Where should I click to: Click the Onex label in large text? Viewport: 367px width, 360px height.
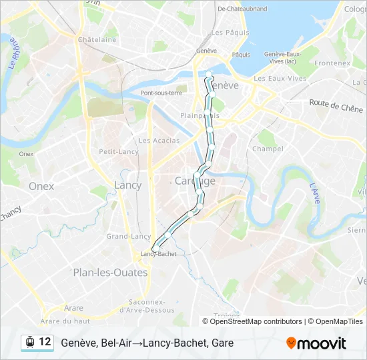pos(41,187)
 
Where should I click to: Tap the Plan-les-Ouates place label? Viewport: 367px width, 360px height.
pos(100,272)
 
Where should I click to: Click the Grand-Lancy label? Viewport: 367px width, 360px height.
pos(129,236)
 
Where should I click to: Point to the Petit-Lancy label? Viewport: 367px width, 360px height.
pos(119,152)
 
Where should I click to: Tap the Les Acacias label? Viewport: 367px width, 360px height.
pos(159,141)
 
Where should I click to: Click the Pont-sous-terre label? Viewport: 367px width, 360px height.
pos(161,93)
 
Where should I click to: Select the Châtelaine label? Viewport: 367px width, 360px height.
pos(97,40)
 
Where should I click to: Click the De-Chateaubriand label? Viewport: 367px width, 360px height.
pos(242,9)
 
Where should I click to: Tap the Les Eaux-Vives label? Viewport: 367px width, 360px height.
pos(280,78)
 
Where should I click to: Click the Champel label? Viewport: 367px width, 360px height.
pos(268,149)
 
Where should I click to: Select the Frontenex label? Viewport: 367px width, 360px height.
pos(332,63)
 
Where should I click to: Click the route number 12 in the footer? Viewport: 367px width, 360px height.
pos(45,342)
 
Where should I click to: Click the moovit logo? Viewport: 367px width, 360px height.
pos(316,343)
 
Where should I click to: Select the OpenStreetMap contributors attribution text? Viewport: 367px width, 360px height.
pos(256,321)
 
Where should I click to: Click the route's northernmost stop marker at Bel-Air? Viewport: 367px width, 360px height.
pos(208,75)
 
